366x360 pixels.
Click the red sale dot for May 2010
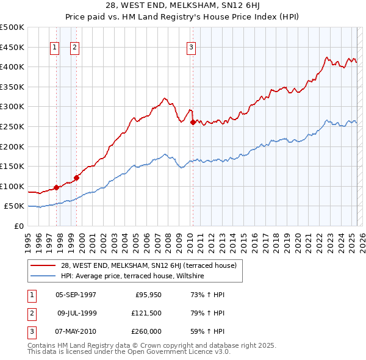(x=193, y=123)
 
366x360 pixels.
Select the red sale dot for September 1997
(x=56, y=187)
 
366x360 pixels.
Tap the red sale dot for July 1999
(x=76, y=178)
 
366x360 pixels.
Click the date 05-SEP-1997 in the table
(x=76, y=295)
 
